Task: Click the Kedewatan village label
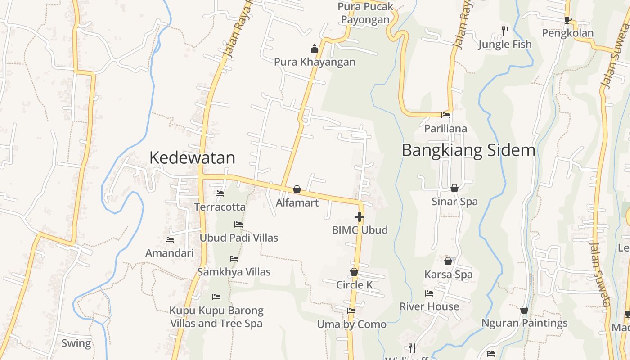point(192,158)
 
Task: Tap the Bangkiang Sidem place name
point(468,150)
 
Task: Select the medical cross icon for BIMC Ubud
point(359,217)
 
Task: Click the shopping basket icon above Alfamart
point(297,189)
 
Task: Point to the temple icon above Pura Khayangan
point(314,49)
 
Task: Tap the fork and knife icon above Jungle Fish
point(505,31)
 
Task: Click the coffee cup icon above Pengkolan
point(567,20)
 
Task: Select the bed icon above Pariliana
point(445,115)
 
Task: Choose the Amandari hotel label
point(170,253)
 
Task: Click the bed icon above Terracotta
point(220,193)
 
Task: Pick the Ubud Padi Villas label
point(239,238)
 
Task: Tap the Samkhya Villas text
point(234,272)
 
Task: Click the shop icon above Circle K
point(354,272)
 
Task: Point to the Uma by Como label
point(351,324)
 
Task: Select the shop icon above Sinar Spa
point(454,188)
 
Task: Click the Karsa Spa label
point(448,274)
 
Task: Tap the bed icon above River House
point(429,293)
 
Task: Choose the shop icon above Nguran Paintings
point(524,310)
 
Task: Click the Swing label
point(76,343)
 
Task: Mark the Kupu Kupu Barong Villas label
point(216,317)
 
